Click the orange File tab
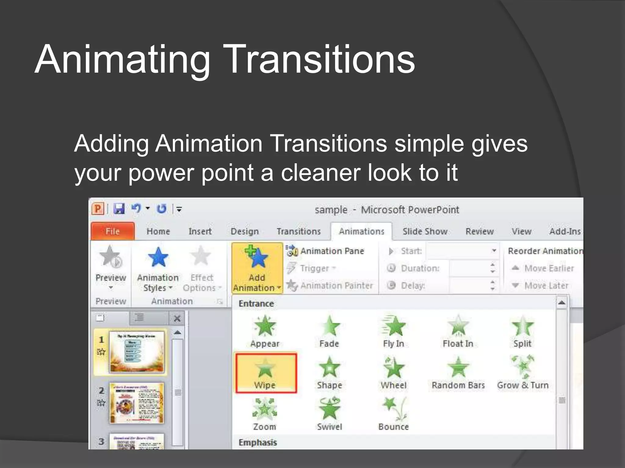click(113, 231)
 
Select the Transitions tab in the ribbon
click(298, 231)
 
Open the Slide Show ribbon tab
click(425, 231)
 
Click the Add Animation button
click(257, 268)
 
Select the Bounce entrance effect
click(394, 413)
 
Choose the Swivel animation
click(329, 413)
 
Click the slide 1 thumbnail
click(137, 352)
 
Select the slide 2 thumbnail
click(137, 403)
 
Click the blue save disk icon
click(119, 209)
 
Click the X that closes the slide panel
click(177, 318)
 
